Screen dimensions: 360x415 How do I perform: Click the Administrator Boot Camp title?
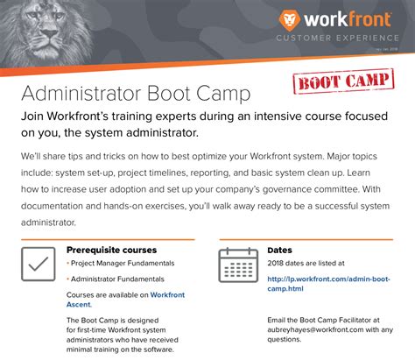[x=135, y=93]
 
